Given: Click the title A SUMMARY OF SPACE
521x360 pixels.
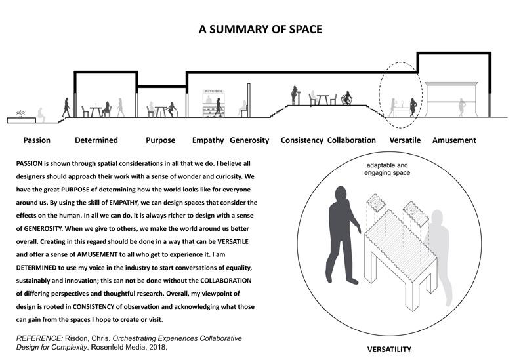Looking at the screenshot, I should click(260, 30).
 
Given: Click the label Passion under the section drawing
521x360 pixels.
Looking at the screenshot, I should click(37, 140).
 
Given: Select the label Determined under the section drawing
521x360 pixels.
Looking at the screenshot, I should click(96, 140).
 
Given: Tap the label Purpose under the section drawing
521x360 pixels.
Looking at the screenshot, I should click(160, 140).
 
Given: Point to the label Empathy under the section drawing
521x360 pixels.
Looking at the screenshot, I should click(208, 140).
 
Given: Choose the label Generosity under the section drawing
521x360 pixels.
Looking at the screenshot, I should click(250, 140).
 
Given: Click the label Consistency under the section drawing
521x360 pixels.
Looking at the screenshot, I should click(302, 140).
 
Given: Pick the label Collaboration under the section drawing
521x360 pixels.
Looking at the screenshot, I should click(351, 140).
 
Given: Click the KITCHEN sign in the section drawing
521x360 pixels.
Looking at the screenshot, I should click(214, 94).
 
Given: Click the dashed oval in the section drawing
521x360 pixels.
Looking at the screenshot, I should click(400, 95).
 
